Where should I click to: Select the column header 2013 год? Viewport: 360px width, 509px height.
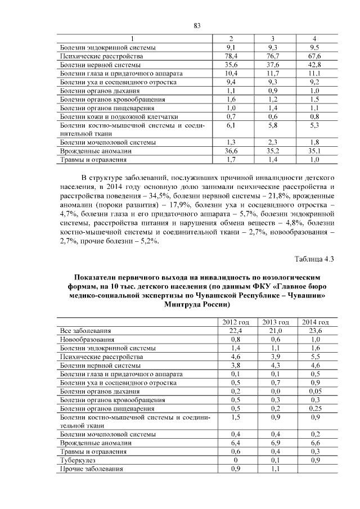click(275, 322)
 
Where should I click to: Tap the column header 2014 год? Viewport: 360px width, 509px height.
click(315, 322)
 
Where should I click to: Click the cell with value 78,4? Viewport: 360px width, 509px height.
click(231, 56)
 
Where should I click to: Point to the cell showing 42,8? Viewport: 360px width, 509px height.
click(314, 65)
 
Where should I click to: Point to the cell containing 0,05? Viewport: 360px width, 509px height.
click(315, 391)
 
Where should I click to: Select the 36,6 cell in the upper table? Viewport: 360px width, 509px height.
click(231, 151)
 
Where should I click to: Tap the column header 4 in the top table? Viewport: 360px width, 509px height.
click(314, 38)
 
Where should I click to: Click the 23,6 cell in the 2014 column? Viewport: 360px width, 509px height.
click(315, 331)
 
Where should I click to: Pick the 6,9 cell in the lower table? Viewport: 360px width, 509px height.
click(275, 443)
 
